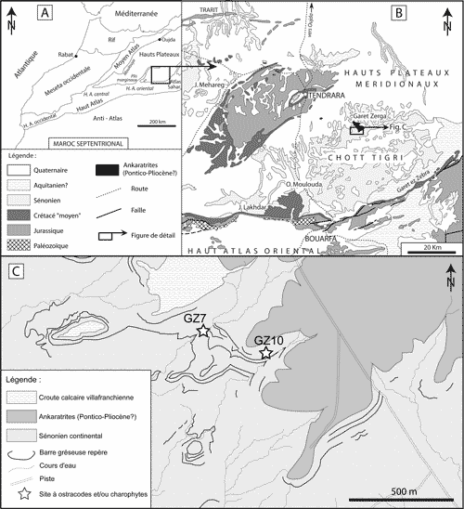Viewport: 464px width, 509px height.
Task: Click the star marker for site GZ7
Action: point(202,332)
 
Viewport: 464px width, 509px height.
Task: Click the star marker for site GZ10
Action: point(266,353)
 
